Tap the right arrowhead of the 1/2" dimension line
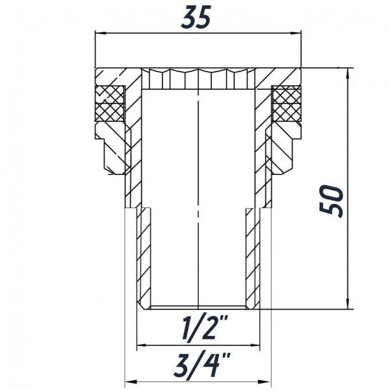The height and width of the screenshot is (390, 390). (x=257, y=344)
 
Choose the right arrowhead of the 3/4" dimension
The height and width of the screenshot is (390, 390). (x=268, y=380)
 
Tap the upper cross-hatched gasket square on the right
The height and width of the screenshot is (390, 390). (x=285, y=95)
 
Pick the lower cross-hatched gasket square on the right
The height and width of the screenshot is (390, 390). (x=285, y=112)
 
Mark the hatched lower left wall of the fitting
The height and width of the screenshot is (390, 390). (x=144, y=260)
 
